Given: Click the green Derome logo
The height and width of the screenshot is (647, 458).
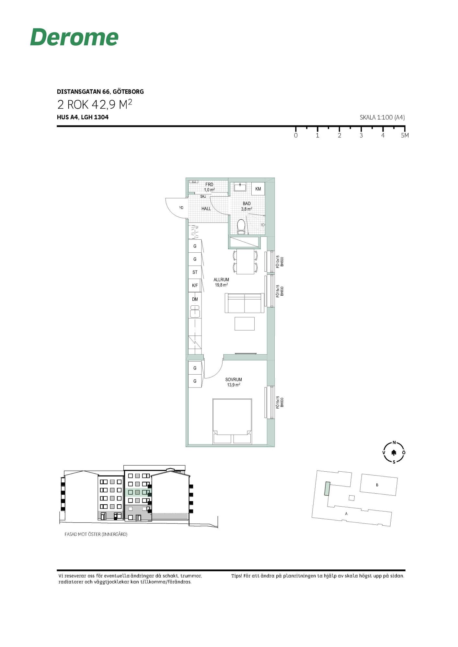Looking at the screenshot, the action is (x=74, y=37).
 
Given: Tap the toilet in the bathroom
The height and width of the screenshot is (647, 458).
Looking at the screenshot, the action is (x=241, y=226).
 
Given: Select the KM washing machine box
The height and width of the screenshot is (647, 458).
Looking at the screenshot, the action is (x=258, y=189).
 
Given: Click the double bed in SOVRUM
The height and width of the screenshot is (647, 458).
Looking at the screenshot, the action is (x=232, y=421).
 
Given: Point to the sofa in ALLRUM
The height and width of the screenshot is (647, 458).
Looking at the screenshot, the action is (x=245, y=303).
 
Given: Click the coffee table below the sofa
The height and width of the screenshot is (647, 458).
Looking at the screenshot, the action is (x=245, y=323).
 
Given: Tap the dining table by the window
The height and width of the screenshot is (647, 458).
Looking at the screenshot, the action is (x=245, y=262).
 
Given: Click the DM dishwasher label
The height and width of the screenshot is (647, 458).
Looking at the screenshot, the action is (x=195, y=299).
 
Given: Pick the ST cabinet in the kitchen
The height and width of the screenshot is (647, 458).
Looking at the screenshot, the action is (x=195, y=272).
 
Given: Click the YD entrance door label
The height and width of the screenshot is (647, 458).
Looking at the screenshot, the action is (x=181, y=208).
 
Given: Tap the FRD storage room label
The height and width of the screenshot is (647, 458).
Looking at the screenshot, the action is (x=209, y=184).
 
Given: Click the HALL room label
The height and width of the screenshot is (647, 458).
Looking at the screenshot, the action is (x=206, y=209).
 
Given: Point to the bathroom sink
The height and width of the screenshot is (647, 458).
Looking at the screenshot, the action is (x=240, y=187).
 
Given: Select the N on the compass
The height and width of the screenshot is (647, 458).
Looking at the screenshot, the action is (x=394, y=443).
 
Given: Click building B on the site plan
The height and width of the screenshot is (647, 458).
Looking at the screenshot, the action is (x=379, y=485).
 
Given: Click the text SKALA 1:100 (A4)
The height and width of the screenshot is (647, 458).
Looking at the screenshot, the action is (x=382, y=117).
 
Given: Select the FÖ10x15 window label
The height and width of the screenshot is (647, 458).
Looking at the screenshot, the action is (x=277, y=262).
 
